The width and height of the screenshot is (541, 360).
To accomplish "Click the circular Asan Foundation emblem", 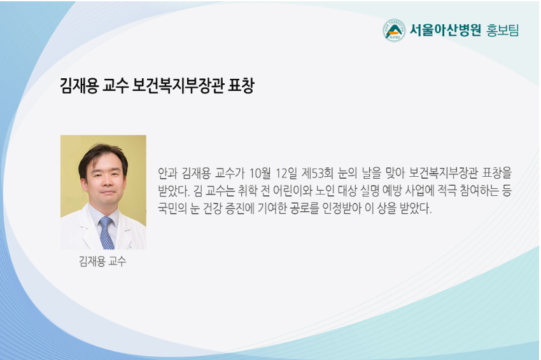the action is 394,31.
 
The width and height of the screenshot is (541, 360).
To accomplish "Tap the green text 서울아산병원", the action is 446,31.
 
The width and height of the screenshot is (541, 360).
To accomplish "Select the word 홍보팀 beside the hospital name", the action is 502,31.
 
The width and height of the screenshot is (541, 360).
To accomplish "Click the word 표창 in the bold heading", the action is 241,85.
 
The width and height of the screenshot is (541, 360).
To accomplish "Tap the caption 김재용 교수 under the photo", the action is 103,261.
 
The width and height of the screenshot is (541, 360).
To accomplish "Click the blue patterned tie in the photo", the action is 106,233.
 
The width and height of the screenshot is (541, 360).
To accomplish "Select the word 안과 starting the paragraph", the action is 167,173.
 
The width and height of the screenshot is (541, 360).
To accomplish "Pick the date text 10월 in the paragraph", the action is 260,173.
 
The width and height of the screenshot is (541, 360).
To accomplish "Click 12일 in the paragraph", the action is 286,173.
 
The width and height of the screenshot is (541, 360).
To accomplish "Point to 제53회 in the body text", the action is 318,173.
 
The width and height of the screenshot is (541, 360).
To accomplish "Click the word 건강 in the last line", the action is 212,208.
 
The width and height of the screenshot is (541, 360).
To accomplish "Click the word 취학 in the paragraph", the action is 248,191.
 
